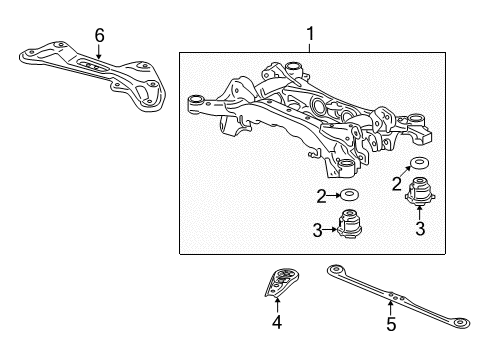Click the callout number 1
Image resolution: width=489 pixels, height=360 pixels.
tap(310, 37)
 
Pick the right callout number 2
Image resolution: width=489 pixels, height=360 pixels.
tap(397, 183)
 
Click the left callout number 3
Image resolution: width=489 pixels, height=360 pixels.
tap(317, 231)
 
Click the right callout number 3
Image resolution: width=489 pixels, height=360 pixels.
tap(420, 227)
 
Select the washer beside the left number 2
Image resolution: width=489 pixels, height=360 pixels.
tap(351, 194)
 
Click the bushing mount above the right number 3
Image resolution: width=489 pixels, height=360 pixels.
tap(419, 190)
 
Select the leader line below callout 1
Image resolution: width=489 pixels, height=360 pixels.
tap(310, 48)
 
